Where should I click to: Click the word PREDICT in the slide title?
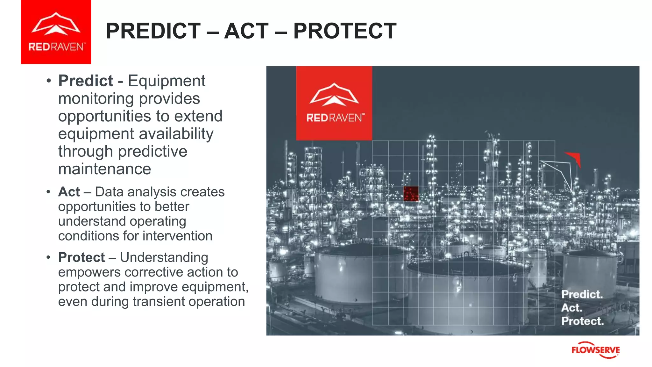(153, 31)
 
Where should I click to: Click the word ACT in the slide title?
(246, 31)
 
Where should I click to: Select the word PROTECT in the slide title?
(345, 31)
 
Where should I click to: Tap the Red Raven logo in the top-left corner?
(56, 32)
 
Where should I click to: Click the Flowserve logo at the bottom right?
(595, 350)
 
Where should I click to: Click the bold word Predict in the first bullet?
(86, 81)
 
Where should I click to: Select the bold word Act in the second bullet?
(69, 192)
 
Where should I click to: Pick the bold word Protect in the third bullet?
(81, 257)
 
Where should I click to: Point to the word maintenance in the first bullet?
(104, 169)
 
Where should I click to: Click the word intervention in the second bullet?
(177, 236)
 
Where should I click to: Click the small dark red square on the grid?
(411, 194)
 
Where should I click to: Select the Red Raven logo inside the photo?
(334, 103)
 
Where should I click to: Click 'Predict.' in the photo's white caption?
(582, 294)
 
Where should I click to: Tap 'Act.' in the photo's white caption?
(572, 308)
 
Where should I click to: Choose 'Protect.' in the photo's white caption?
(582, 321)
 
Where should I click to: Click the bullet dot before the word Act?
(48, 192)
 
